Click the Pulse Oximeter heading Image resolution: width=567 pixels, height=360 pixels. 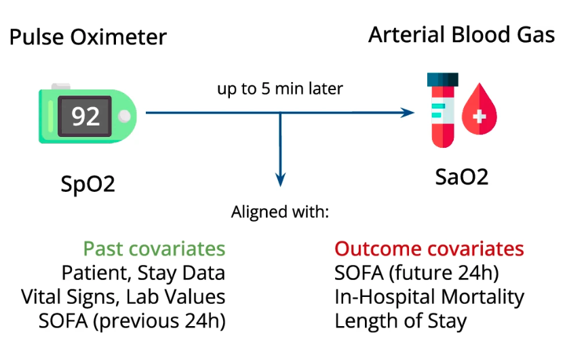[x=88, y=37]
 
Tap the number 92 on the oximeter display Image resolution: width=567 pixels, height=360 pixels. [x=86, y=116]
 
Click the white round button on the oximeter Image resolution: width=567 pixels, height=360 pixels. [x=123, y=117]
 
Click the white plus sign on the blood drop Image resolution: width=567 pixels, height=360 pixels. [x=480, y=117]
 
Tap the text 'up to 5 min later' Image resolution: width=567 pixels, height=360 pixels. [x=280, y=89]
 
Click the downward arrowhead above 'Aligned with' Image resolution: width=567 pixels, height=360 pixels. [x=281, y=178]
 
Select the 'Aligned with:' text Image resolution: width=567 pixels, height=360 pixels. [x=280, y=212]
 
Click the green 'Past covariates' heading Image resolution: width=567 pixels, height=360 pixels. [x=154, y=249]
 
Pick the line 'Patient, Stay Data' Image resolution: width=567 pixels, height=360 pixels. [x=143, y=273]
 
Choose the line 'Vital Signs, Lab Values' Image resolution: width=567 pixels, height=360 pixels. [x=123, y=296]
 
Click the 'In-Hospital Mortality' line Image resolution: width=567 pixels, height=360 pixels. [x=429, y=296]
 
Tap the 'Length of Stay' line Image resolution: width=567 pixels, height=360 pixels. [x=401, y=320]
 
